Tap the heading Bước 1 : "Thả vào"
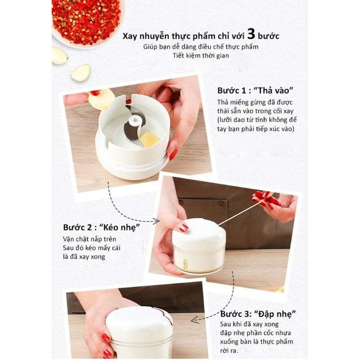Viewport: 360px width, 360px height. point(255,90)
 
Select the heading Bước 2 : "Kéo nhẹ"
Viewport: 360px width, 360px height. point(101,228)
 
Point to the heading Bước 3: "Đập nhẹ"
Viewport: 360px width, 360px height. point(258,314)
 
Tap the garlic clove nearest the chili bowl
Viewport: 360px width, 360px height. point(59,55)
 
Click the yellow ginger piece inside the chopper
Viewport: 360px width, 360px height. point(149,139)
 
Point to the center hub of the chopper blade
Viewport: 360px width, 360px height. point(135,121)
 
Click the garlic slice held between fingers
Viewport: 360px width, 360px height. point(102,99)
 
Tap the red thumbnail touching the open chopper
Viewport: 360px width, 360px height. point(173,155)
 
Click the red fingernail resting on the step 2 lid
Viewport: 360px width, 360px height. point(184,228)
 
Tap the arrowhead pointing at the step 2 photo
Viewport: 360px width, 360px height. point(157,221)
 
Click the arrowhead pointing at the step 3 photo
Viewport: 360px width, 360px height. point(195,319)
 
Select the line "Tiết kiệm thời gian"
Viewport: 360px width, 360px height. point(201,55)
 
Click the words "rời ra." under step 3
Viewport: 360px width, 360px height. point(229,351)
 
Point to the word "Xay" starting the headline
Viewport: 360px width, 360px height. point(130,36)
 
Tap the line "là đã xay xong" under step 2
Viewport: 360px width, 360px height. point(84,256)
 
